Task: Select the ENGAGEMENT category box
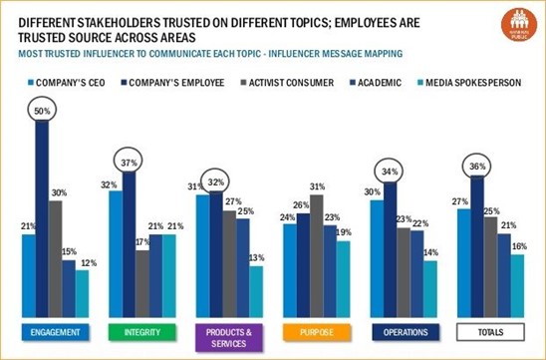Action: click(x=49, y=331)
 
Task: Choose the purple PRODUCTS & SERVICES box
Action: click(x=227, y=334)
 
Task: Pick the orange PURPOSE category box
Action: click(x=315, y=331)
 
